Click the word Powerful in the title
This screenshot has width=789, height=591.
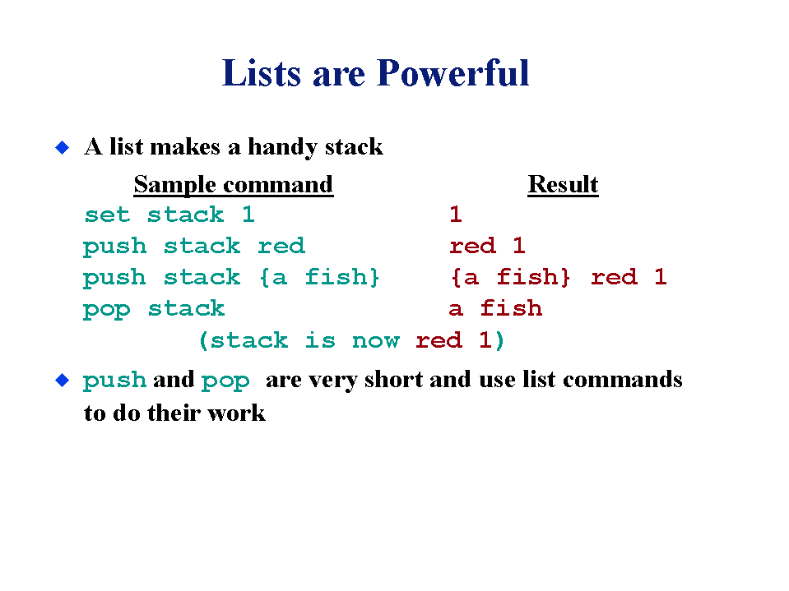[x=453, y=73]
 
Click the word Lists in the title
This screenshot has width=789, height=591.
[x=262, y=73]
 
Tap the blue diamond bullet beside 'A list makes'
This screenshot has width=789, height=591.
[x=62, y=148]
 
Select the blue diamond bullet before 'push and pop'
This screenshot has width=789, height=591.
[x=62, y=381]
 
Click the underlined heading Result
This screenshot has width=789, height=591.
[x=563, y=184]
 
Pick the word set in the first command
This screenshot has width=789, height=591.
[x=107, y=215]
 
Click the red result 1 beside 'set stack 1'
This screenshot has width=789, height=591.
[x=456, y=215]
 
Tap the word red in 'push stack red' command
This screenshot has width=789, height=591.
[x=281, y=247]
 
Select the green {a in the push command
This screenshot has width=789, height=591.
[x=273, y=277]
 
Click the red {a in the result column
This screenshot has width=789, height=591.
[x=465, y=277]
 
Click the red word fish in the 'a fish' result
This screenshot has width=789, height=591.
[x=511, y=308]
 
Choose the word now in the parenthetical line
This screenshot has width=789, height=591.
[x=375, y=341]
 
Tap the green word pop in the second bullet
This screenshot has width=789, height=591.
[x=225, y=381]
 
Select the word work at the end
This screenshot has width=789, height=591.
[x=236, y=413]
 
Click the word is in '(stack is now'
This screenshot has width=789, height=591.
[x=320, y=340]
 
